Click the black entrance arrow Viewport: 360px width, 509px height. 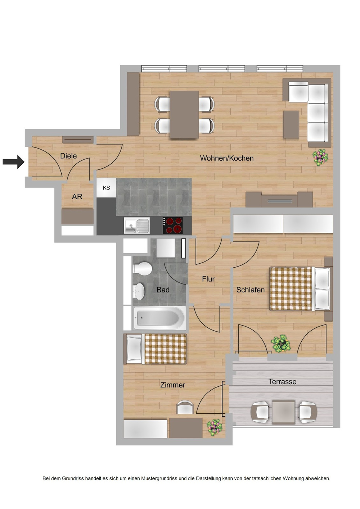coord(13,162)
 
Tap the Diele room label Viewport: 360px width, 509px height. coord(68,156)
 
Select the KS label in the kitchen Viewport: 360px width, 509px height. coord(106,188)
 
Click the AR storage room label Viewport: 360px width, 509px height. coord(77,197)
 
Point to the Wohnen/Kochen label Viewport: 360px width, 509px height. coord(226,158)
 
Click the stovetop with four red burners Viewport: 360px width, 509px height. coord(173,226)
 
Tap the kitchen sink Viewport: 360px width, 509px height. coord(137,226)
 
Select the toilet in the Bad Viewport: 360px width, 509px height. coord(143,268)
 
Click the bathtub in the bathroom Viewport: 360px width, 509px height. coord(159,318)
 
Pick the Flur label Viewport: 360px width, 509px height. coord(208,279)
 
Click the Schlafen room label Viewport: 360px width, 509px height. coord(250,290)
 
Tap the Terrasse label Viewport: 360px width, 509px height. coord(282,382)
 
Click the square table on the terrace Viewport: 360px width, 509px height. coord(283,412)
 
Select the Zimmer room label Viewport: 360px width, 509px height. coord(172,385)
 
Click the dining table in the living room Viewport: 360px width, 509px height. coord(184,114)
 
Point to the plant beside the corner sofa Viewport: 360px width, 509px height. coord(320,157)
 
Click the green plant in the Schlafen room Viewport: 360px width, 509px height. coord(281,343)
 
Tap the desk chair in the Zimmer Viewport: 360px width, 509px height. coord(185,408)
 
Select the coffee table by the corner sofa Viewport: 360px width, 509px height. coord(291,124)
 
